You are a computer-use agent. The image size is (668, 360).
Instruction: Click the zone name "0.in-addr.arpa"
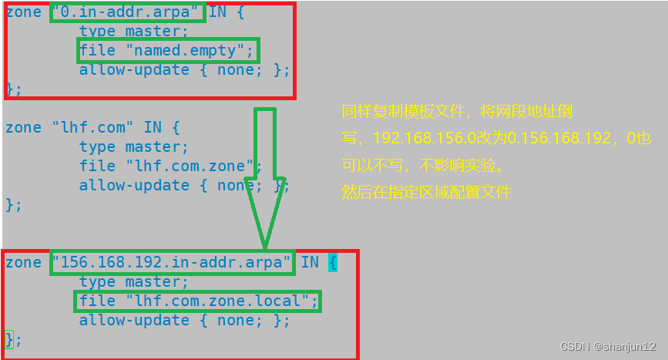[129, 12]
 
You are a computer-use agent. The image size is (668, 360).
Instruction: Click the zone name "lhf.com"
[92, 127]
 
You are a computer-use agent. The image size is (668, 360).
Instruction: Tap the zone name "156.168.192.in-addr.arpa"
[172, 262]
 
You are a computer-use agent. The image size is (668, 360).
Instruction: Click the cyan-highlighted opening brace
[332, 262]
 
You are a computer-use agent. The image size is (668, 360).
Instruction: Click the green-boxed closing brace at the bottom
[9, 338]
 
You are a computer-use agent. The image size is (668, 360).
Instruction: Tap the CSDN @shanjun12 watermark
[608, 347]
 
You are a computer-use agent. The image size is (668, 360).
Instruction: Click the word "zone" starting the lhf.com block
[23, 127]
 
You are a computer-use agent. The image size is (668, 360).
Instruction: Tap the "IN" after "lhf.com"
[153, 127]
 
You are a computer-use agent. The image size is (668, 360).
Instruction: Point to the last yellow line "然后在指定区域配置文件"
[426, 192]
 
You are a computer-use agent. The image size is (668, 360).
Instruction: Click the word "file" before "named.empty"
[97, 51]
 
